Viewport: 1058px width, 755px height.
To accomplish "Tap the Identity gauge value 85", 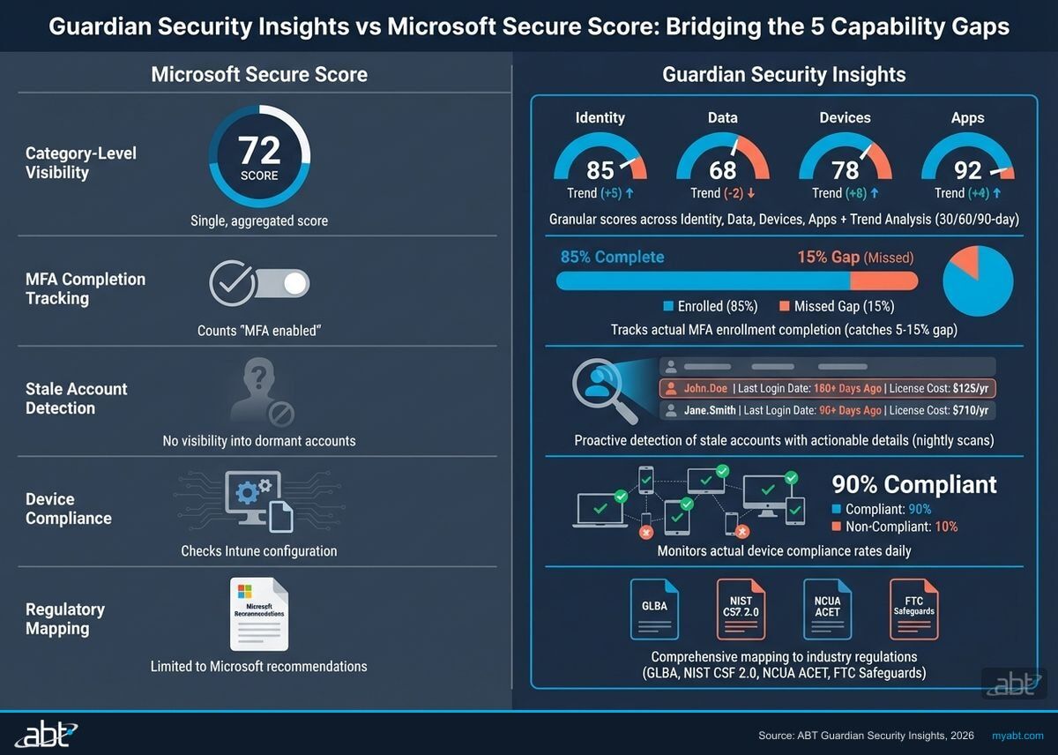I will (600, 168).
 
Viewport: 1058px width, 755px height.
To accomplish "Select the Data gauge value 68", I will (722, 168).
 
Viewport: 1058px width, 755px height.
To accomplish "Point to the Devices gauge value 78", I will (845, 168).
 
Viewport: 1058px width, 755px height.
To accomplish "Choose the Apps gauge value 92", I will (967, 168).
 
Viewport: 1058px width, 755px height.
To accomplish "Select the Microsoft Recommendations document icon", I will (258, 614).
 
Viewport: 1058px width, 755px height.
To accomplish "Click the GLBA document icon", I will (654, 609).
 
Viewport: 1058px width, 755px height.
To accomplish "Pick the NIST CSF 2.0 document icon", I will (741, 609).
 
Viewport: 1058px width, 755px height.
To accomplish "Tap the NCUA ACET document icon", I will (827, 609).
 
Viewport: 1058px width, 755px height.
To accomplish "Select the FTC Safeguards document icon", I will (913, 609).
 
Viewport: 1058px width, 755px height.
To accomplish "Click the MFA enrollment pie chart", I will (978, 281).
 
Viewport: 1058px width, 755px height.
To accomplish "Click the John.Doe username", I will (705, 388).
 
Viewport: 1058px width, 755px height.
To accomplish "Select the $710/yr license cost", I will (970, 410).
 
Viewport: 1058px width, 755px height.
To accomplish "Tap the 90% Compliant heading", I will (914, 484).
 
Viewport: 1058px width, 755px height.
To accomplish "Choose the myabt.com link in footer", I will (1017, 735).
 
